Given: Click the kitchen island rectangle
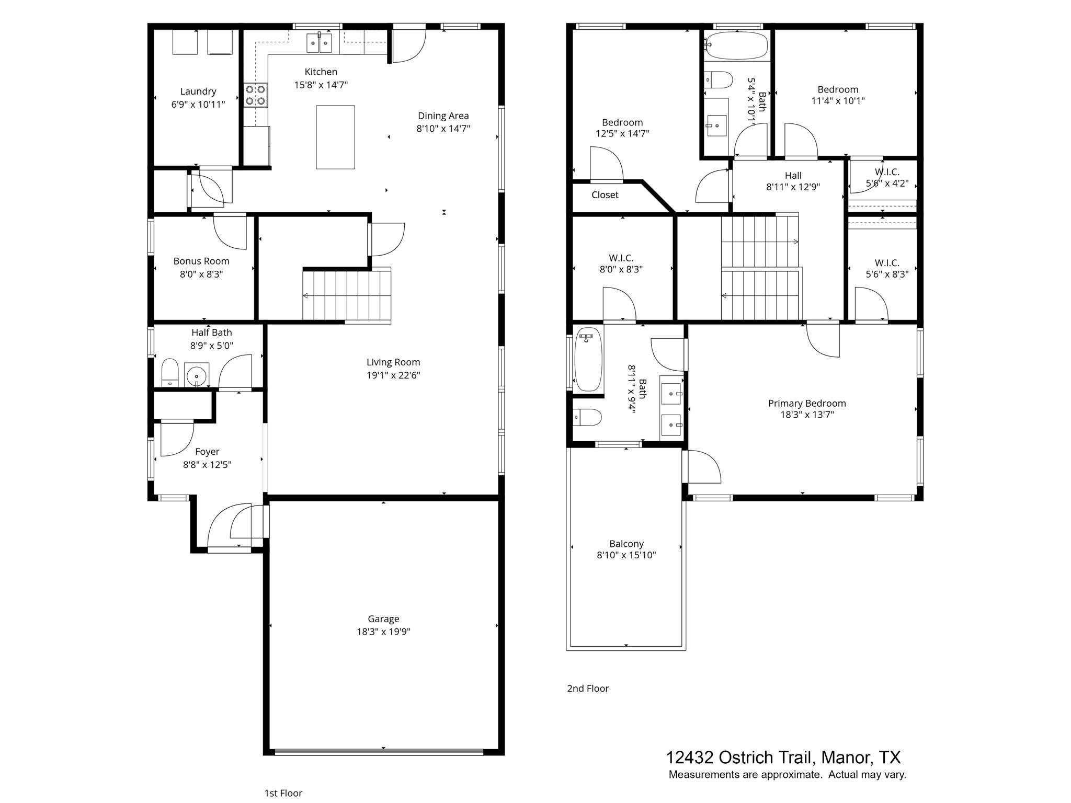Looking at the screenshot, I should [x=335, y=137].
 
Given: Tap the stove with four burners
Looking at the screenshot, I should [x=256, y=95].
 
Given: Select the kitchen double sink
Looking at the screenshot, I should [x=319, y=42].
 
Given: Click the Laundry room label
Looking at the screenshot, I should [x=198, y=91].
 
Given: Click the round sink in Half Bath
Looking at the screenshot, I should [x=197, y=375].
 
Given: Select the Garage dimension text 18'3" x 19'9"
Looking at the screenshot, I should [x=383, y=632].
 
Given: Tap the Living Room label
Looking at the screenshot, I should [x=393, y=362].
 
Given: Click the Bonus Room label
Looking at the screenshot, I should [x=201, y=261].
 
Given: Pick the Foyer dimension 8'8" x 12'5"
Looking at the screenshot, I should [x=207, y=464].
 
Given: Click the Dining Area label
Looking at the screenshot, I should [x=443, y=116].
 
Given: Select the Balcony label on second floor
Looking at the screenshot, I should [x=626, y=544].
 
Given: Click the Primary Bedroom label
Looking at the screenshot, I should [x=806, y=403].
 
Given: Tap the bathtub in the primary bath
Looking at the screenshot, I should [x=588, y=359].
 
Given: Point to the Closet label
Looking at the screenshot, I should [x=605, y=195].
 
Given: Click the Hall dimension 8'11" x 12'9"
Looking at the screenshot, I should [x=793, y=187].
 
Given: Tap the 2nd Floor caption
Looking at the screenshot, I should [x=588, y=689].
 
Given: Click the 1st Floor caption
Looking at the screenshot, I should [x=283, y=793].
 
